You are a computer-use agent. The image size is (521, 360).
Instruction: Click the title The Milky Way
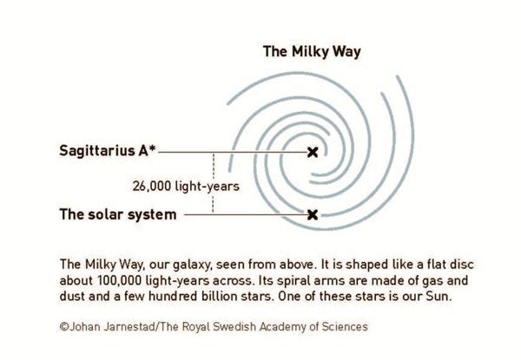[312, 52]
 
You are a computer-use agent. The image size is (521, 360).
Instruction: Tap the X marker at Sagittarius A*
[313, 153]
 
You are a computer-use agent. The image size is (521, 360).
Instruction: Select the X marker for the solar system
[313, 214]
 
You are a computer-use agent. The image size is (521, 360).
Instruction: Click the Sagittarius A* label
[108, 151]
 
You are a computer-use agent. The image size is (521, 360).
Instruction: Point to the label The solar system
[118, 214]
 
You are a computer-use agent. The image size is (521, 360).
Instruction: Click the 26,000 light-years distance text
[186, 187]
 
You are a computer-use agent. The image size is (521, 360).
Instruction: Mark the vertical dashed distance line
[213, 182]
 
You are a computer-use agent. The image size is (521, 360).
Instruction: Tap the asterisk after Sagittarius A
[152, 148]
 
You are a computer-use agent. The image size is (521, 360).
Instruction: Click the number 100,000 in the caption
[120, 281]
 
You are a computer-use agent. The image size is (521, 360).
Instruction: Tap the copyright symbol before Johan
[64, 327]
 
